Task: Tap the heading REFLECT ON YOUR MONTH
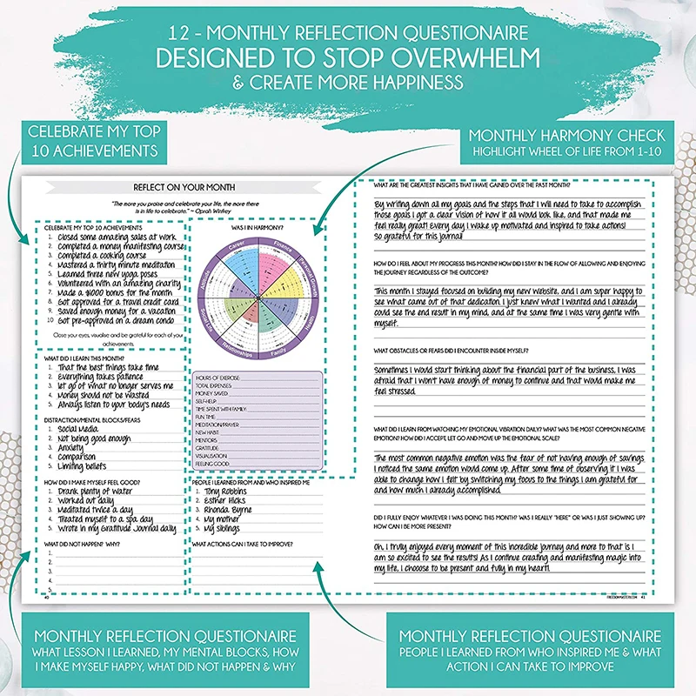pyautogui.click(x=184, y=187)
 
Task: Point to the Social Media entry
pyautogui.click(x=79, y=430)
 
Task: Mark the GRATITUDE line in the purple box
pyautogui.click(x=212, y=447)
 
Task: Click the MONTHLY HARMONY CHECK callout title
pyautogui.click(x=567, y=136)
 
